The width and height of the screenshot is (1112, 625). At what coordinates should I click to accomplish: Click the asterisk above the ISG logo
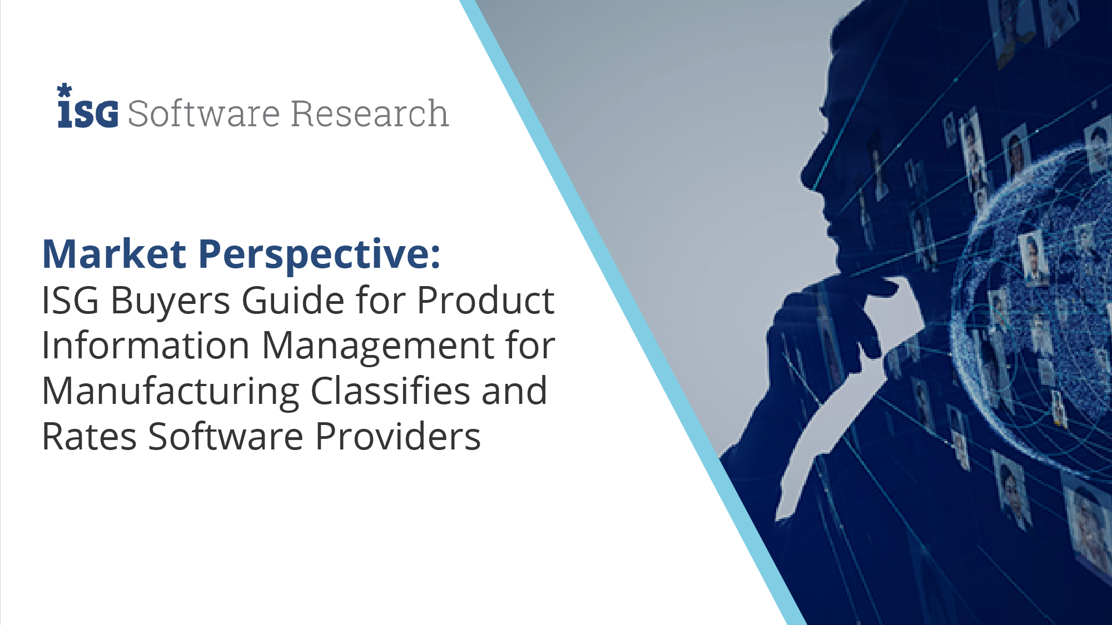click(x=64, y=91)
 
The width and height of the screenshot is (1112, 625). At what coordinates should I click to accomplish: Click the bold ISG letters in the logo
click(x=88, y=114)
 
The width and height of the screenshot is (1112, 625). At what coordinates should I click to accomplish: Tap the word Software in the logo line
click(x=203, y=113)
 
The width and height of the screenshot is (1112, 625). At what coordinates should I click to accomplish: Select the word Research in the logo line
click(x=369, y=113)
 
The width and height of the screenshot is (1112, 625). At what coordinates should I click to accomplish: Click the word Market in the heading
click(x=114, y=254)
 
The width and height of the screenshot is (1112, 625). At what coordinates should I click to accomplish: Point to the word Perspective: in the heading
click(x=319, y=256)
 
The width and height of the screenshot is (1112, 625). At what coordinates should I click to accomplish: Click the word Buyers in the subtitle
click(x=170, y=302)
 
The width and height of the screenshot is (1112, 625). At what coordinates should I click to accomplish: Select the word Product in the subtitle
click(x=485, y=300)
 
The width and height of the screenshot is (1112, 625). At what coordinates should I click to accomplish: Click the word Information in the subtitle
click(x=146, y=345)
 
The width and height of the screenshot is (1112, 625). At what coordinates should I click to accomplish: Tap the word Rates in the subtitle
click(x=89, y=436)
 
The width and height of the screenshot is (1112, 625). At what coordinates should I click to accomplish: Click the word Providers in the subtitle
click(x=398, y=436)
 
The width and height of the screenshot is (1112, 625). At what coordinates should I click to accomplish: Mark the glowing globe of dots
click(x=1034, y=306)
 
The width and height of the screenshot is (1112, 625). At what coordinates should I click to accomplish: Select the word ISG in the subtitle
click(x=70, y=301)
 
